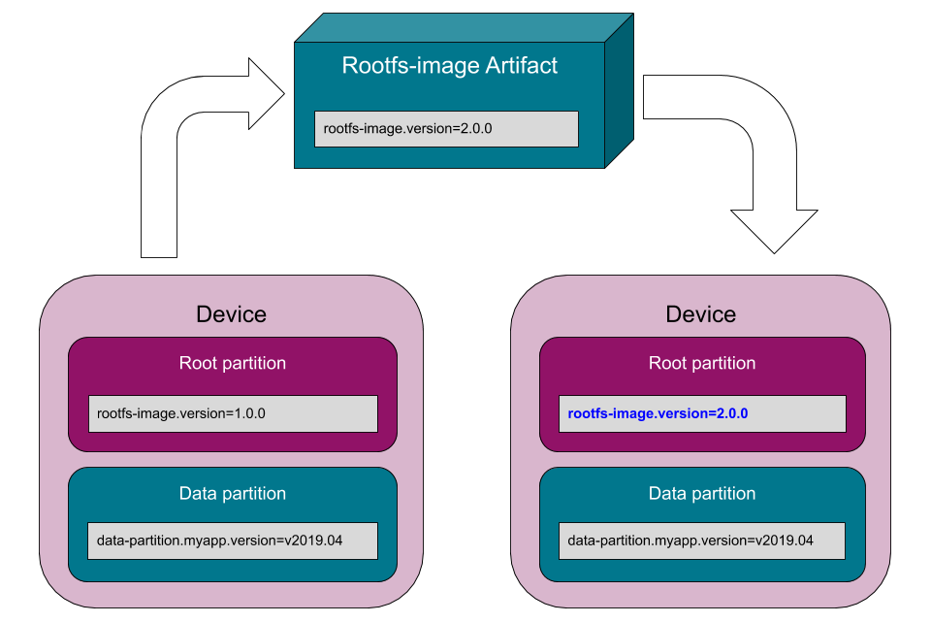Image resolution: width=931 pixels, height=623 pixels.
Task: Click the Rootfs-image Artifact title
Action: click(450, 66)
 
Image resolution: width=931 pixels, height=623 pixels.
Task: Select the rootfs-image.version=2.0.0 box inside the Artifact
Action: click(446, 128)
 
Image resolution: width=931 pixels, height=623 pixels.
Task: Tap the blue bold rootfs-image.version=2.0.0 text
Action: click(658, 413)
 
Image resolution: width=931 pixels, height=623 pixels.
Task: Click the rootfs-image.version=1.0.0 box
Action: click(233, 413)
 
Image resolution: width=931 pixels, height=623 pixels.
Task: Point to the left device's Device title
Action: click(231, 314)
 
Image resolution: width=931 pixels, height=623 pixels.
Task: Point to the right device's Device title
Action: click(700, 314)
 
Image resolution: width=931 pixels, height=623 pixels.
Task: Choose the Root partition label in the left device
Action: click(233, 363)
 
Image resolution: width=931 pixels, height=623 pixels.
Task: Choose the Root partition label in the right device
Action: click(702, 363)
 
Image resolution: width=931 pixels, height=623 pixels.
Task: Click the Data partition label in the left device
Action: click(233, 493)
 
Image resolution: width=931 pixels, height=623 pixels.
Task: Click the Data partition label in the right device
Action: click(702, 493)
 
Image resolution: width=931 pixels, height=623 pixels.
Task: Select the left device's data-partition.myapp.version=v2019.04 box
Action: click(233, 541)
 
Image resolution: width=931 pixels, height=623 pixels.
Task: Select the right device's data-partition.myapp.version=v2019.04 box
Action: click(702, 541)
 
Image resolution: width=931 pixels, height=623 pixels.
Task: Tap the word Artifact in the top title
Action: click(522, 66)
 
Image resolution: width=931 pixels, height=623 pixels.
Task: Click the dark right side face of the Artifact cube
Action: click(619, 92)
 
